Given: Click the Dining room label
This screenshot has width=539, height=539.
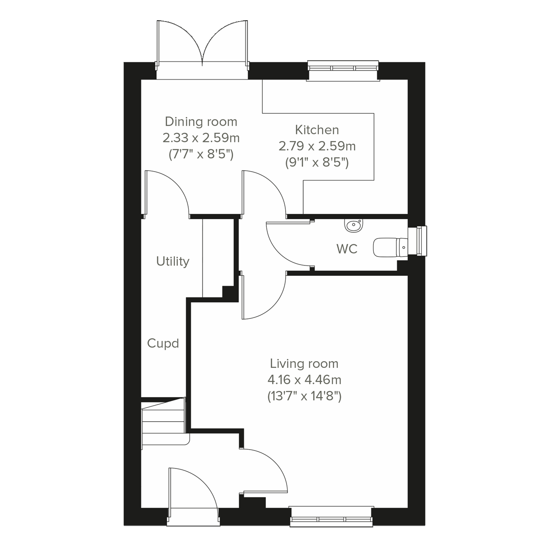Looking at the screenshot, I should pyautogui.click(x=201, y=122).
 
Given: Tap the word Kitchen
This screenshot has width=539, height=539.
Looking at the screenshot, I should pyautogui.click(x=317, y=130).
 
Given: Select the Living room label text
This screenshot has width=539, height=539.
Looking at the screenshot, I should pyautogui.click(x=304, y=363).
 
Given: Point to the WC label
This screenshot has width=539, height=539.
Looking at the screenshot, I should pyautogui.click(x=347, y=248).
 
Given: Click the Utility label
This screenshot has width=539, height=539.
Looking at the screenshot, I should pyautogui.click(x=173, y=261).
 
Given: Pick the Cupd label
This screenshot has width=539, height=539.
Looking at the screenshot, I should pyautogui.click(x=163, y=344).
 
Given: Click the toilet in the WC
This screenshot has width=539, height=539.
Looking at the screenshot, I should pyautogui.click(x=389, y=247).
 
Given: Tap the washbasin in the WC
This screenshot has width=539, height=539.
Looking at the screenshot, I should pyautogui.click(x=354, y=225).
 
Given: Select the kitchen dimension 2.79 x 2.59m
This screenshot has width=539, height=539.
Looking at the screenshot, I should pyautogui.click(x=317, y=146).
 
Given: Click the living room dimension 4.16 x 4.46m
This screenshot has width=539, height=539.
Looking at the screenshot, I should pyautogui.click(x=304, y=380).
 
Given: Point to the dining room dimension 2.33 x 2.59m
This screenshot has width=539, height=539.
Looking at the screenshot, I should pyautogui.click(x=201, y=138).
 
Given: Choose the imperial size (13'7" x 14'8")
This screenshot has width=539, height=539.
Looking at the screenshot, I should pyautogui.click(x=304, y=397).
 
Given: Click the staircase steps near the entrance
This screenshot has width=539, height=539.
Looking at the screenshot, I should pyautogui.click(x=163, y=422).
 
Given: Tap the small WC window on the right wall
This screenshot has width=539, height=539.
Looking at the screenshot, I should pyautogui.click(x=420, y=241).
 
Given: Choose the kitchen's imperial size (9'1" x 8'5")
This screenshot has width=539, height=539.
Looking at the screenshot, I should pyautogui.click(x=317, y=163).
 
